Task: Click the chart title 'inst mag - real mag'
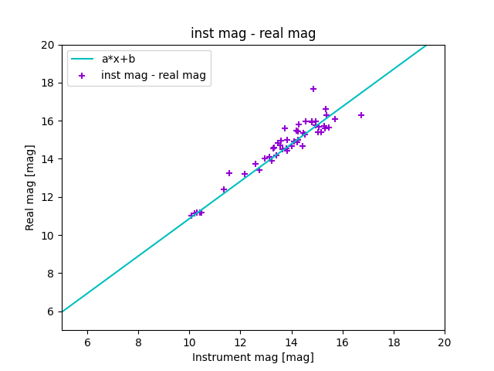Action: tap(253, 34)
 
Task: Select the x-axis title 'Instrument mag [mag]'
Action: tap(253, 357)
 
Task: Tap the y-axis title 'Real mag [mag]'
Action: tap(31, 187)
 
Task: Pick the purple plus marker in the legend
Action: tap(82, 75)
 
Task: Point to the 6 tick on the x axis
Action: tap(87, 342)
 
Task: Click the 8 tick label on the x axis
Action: tap(138, 342)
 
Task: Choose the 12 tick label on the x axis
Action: tap(240, 342)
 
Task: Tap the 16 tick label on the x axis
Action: tap(343, 342)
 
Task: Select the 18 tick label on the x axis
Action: tap(394, 342)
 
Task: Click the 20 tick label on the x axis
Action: tap(445, 342)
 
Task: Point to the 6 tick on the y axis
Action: tap(51, 311)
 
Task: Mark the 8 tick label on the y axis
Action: tap(51, 274)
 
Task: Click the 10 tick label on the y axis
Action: tap(48, 236)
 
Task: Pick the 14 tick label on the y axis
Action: tap(48, 159)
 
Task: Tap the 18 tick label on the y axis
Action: tap(48, 83)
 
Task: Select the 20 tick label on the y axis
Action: tap(48, 45)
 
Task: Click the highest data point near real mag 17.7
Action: tap(313, 89)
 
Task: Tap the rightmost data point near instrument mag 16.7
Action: tap(361, 115)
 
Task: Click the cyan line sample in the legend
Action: tap(82, 59)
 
